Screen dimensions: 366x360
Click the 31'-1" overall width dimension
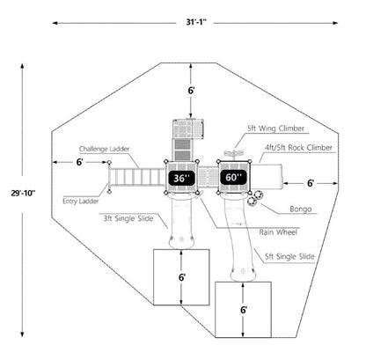tap(196, 22)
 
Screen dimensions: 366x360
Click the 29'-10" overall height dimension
tap(23, 193)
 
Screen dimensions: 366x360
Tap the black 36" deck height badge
tap(181, 178)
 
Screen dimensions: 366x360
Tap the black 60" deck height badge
tap(234, 177)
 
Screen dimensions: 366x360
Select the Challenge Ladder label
tap(104, 149)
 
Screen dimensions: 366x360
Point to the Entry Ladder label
tap(81, 202)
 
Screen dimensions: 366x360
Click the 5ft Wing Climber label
tap(275, 129)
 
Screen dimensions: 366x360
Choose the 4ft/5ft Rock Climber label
tap(298, 148)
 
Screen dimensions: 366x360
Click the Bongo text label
tap(301, 209)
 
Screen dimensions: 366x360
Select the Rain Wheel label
tap(278, 232)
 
